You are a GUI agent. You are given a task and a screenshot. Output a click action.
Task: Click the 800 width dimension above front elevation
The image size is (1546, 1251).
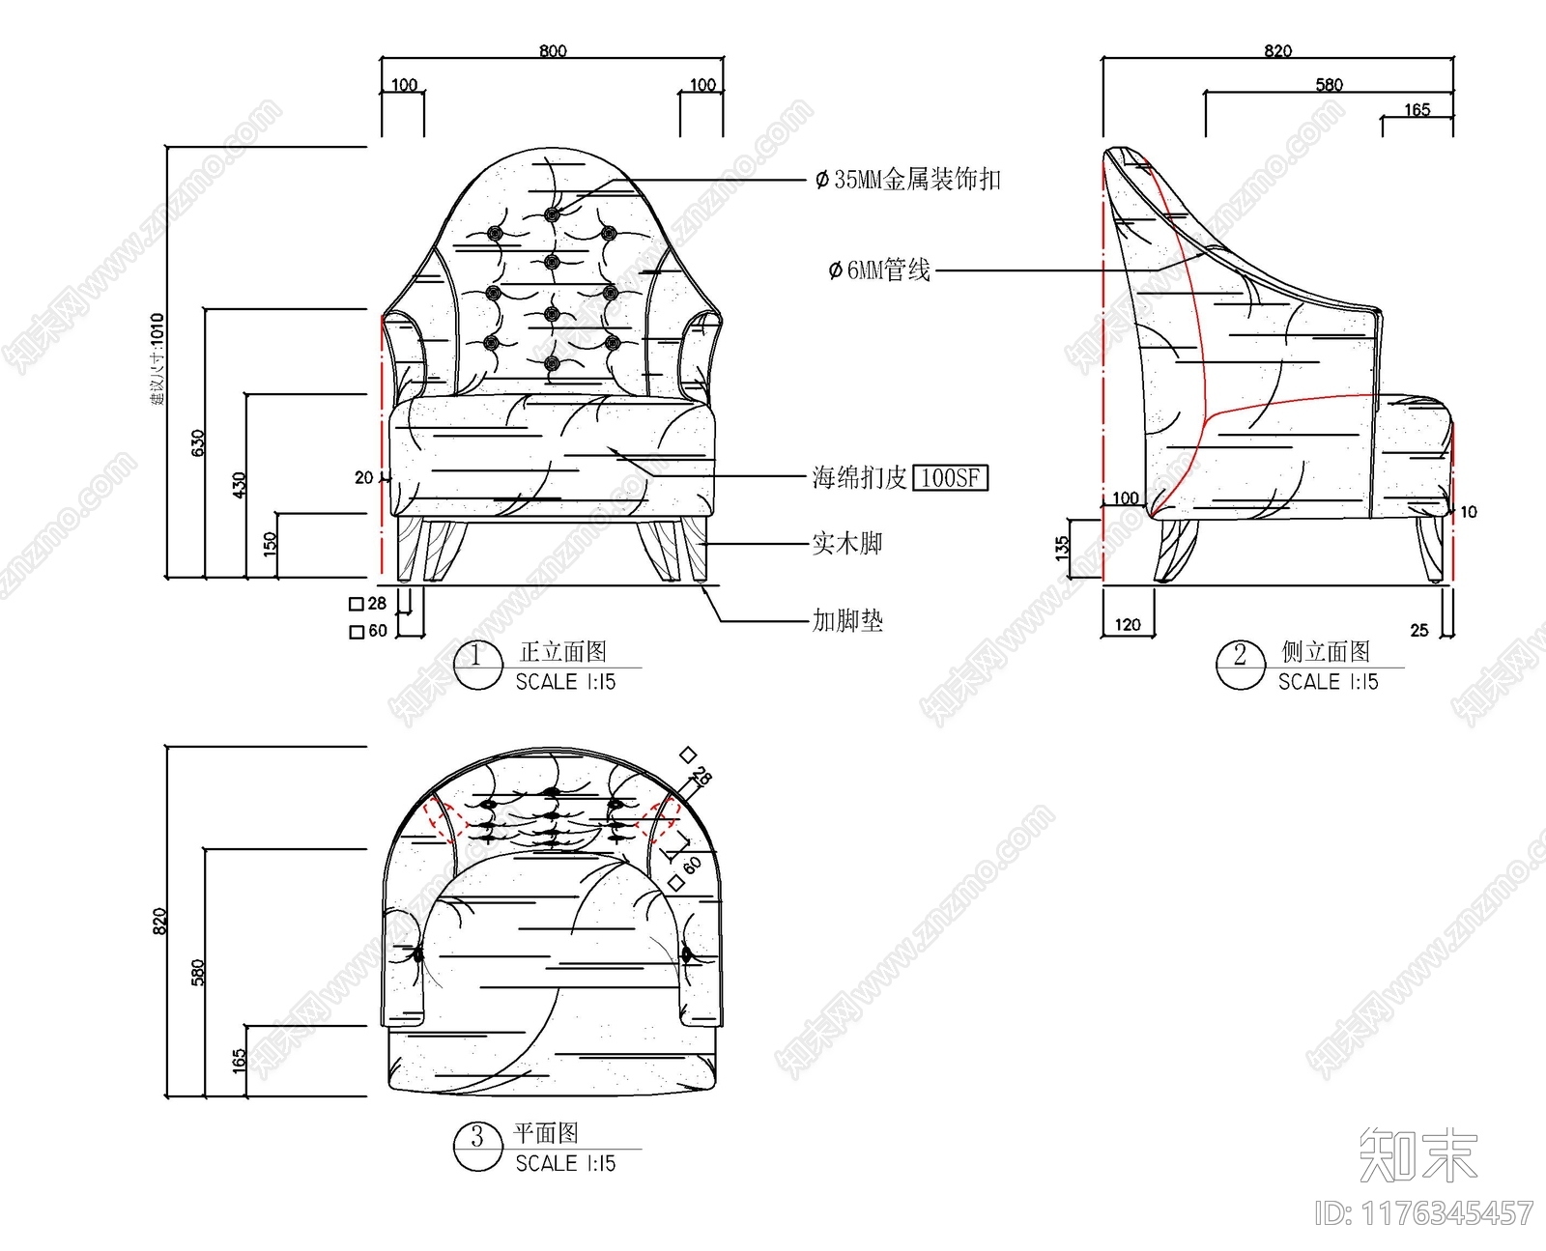tap(553, 50)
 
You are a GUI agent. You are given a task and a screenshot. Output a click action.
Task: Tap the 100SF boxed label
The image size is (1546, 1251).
tap(951, 477)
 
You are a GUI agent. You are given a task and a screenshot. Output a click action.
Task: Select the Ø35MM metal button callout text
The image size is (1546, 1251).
tap(908, 179)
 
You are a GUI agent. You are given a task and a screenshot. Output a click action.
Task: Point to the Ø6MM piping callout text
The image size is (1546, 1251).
tap(880, 270)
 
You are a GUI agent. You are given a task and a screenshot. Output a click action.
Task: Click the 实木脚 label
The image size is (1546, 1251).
tap(847, 543)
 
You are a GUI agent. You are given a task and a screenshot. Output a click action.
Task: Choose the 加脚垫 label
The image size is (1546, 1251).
tap(847, 620)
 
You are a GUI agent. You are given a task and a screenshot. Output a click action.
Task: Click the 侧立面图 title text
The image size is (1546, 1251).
tap(1326, 651)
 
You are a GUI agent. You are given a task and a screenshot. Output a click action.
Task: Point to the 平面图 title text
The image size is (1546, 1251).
tap(546, 1132)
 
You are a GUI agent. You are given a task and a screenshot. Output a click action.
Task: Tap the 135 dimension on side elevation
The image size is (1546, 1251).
tap(1063, 549)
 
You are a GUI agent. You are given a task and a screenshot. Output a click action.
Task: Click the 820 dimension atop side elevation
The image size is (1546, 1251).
tap(1277, 50)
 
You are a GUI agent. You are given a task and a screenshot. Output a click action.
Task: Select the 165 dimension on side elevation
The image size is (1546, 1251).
tap(1417, 109)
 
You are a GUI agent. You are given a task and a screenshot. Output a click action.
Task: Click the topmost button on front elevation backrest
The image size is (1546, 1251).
tap(552, 214)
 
